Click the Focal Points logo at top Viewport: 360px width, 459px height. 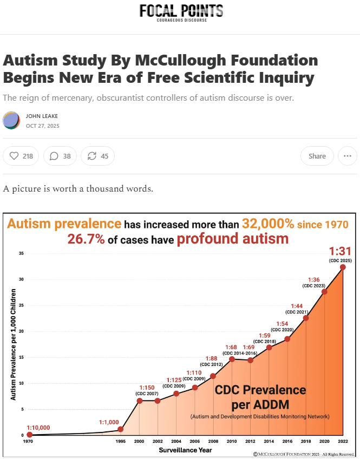[181, 12]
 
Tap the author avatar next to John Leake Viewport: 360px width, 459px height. [11, 120]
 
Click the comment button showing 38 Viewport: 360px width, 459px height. [60, 156]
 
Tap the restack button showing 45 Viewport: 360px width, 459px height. [98, 156]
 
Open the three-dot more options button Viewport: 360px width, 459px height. [347, 156]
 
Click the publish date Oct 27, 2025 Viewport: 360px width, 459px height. [43, 126]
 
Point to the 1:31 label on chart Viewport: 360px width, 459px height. [341, 252]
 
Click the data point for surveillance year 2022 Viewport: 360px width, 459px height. [343, 266]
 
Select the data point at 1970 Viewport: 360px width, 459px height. [29, 434]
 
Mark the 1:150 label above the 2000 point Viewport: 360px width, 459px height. [147, 388]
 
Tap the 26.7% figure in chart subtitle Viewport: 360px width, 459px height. [86, 239]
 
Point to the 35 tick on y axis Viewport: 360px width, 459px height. [21, 253]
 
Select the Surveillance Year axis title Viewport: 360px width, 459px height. [185, 450]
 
